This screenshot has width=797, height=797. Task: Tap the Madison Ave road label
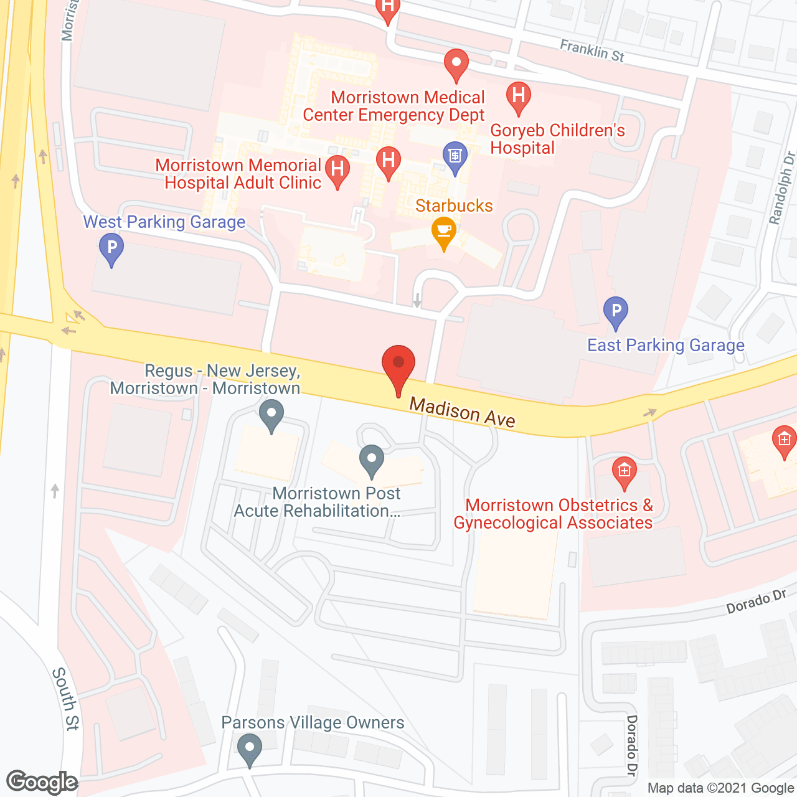pyautogui.click(x=462, y=413)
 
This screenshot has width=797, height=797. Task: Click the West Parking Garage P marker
pyautogui.click(x=111, y=248)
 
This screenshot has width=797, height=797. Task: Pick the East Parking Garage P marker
pyautogui.click(x=615, y=311)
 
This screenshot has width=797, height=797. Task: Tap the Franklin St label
pyautogui.click(x=592, y=50)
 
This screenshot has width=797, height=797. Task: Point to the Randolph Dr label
pyautogui.click(x=783, y=187)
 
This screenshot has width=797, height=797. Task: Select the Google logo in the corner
pyautogui.click(x=42, y=782)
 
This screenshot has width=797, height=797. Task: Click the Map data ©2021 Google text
pyautogui.click(x=720, y=788)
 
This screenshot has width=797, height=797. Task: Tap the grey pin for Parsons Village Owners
pyautogui.click(x=250, y=748)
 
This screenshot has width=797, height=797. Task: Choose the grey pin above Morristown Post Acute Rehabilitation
pyautogui.click(x=372, y=460)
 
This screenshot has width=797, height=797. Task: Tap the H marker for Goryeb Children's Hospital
pyautogui.click(x=518, y=97)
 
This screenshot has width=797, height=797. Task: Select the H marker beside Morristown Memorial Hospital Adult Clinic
pyautogui.click(x=337, y=171)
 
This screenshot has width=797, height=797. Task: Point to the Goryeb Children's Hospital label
pyautogui.click(x=557, y=139)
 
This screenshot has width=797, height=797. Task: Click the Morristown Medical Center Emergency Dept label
pyautogui.click(x=394, y=106)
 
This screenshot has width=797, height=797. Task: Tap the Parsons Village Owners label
pyautogui.click(x=313, y=722)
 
